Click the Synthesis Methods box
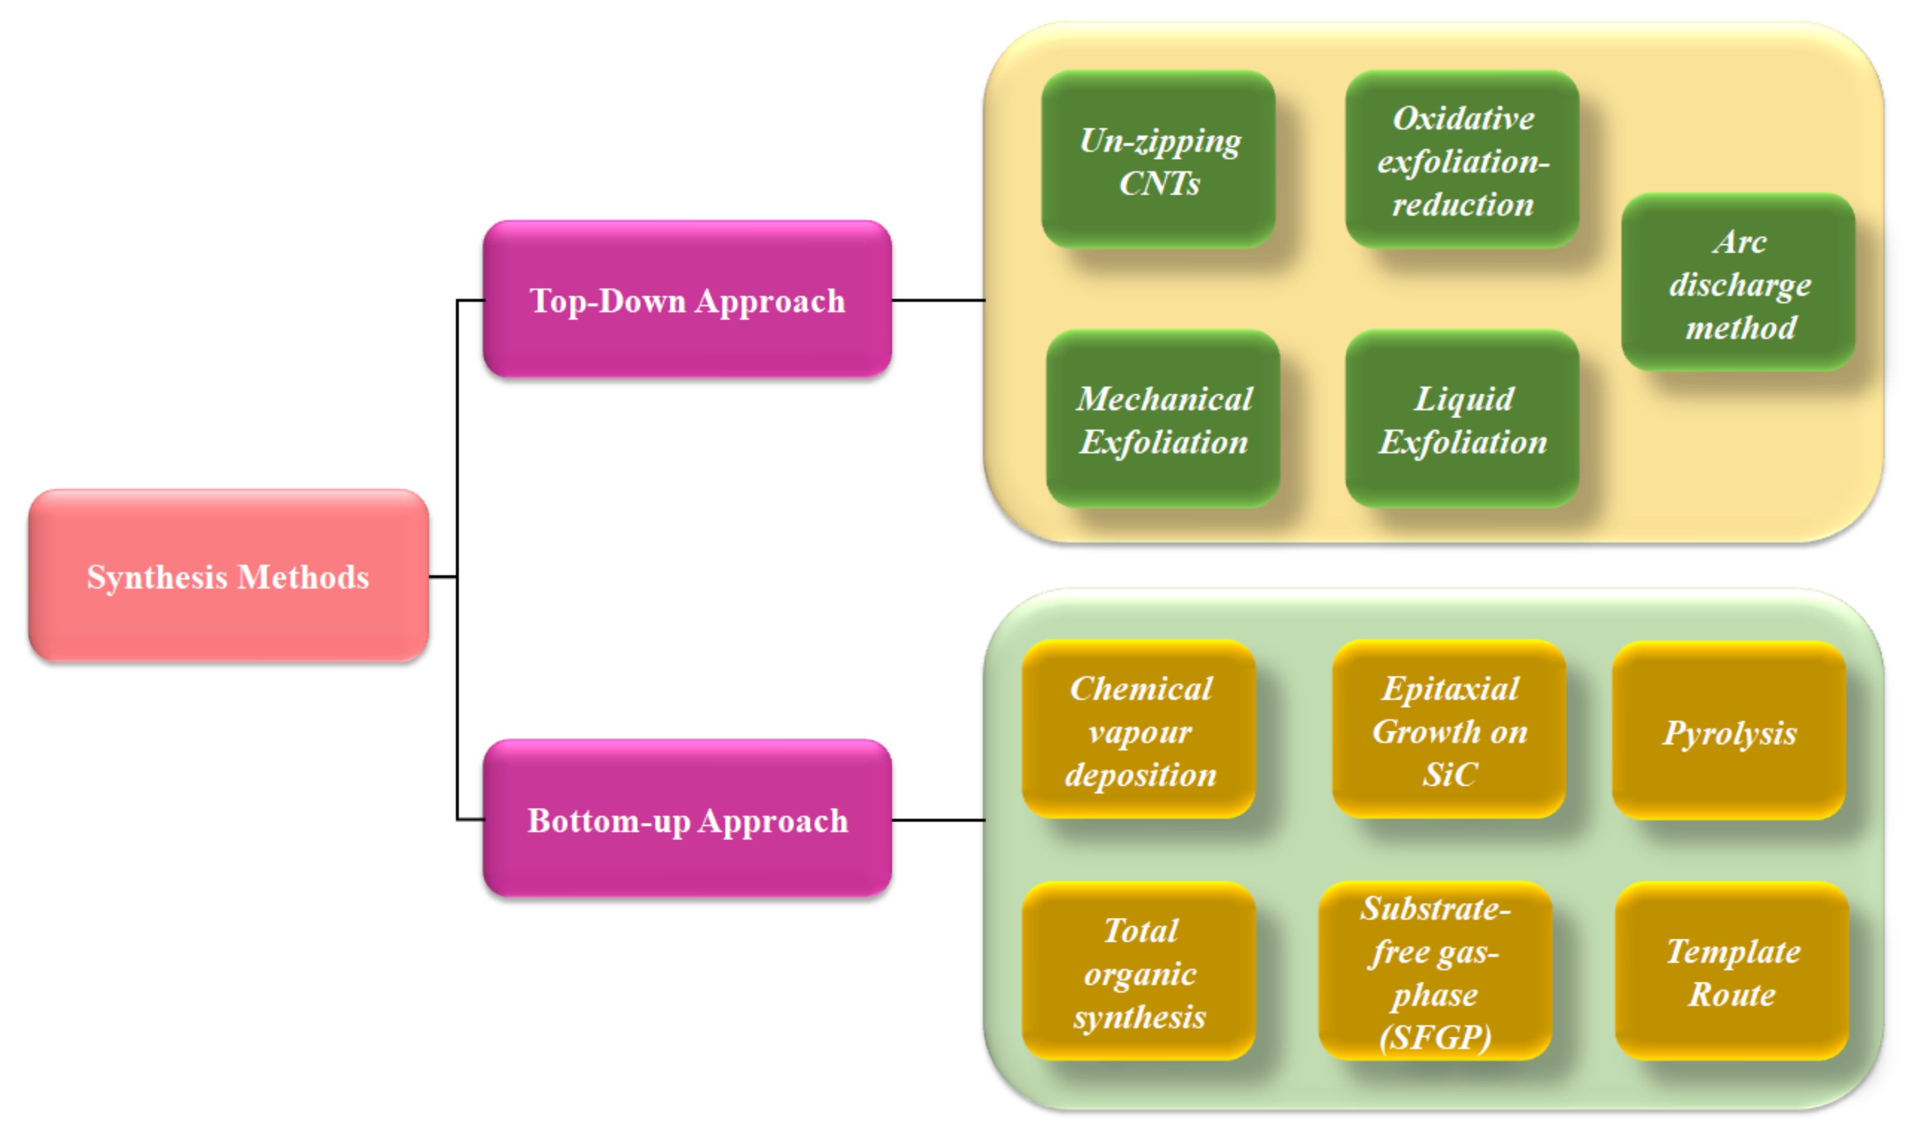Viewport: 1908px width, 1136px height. [x=228, y=576]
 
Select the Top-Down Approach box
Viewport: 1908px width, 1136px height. [x=687, y=299]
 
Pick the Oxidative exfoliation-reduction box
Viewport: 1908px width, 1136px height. [x=1462, y=159]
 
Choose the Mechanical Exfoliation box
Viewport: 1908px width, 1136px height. [x=1163, y=419]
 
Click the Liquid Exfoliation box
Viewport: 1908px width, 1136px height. [x=1462, y=419]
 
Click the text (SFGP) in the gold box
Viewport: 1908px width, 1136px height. [x=1435, y=1037]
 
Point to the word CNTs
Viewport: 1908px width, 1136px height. [x=1159, y=183]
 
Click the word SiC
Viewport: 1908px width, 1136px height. [x=1449, y=774]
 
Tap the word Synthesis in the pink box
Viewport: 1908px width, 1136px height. [x=157, y=576]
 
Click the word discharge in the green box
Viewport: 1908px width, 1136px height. [x=1740, y=285]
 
